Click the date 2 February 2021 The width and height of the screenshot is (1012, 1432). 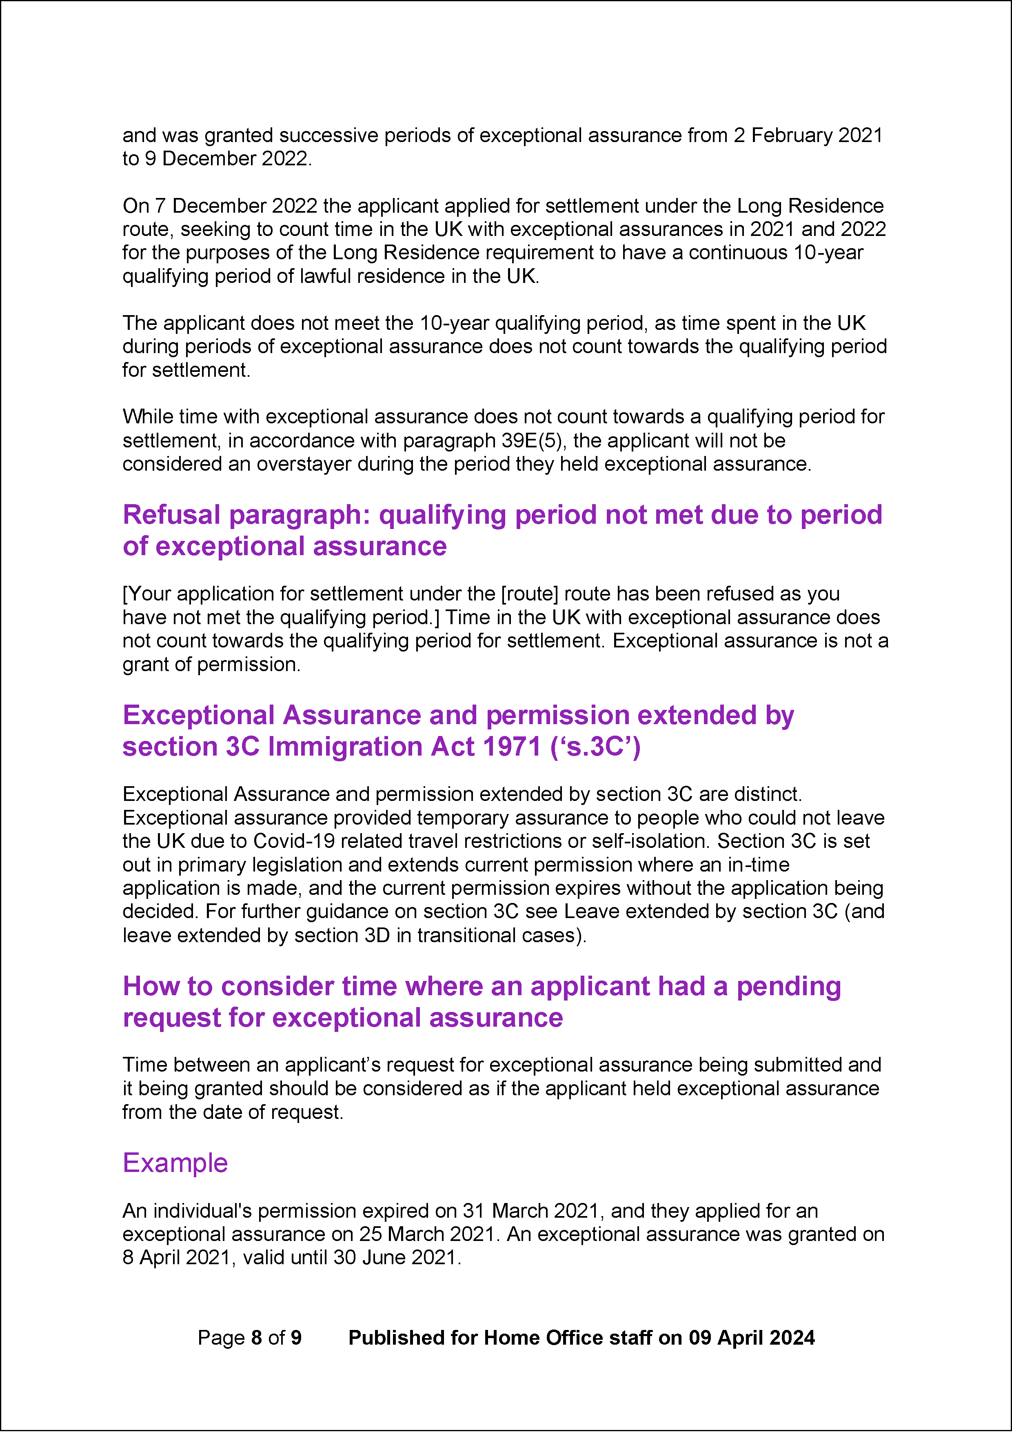pyautogui.click(x=808, y=136)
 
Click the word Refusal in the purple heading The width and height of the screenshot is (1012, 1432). pyautogui.click(x=172, y=515)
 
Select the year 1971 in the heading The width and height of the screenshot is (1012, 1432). pyautogui.click(x=510, y=747)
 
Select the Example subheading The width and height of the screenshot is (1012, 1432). pyautogui.click(x=175, y=1163)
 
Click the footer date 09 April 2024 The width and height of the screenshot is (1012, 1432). pyautogui.click(x=751, y=1338)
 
